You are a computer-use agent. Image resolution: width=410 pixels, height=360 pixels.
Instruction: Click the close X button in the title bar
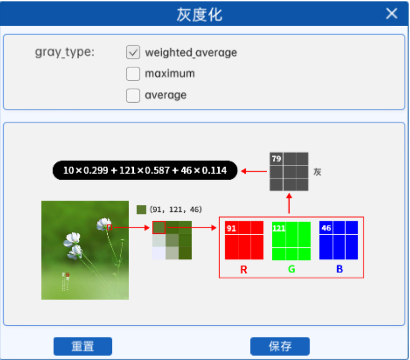[x=391, y=13]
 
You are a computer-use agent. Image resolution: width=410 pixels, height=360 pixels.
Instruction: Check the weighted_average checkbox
[x=133, y=52]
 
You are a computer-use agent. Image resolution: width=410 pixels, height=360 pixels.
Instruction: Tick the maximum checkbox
[x=133, y=74]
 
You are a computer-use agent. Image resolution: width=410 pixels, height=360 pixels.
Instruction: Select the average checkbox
[x=133, y=95]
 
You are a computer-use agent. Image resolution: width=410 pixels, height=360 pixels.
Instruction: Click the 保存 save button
[x=280, y=346]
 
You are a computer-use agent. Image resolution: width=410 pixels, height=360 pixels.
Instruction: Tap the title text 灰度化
[x=199, y=14]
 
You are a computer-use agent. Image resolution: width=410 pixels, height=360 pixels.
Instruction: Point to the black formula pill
[x=145, y=170]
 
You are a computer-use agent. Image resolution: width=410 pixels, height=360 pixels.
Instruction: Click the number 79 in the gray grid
[x=276, y=158]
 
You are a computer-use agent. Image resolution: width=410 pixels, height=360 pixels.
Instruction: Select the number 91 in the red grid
[x=232, y=228]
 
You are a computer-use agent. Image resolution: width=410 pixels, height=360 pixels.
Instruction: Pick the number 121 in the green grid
[x=279, y=228]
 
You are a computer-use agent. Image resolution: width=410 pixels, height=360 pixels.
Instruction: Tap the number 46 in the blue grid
[x=326, y=228]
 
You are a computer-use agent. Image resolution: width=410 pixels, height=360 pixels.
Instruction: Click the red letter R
[x=244, y=270]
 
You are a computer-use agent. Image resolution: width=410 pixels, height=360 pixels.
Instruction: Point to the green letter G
[x=291, y=270]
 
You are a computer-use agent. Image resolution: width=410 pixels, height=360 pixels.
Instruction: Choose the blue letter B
[x=339, y=270]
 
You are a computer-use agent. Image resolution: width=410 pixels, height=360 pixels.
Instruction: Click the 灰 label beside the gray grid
[x=317, y=172]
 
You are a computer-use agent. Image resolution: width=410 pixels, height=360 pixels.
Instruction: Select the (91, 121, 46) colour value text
[x=176, y=209]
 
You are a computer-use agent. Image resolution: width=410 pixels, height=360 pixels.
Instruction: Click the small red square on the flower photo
[x=110, y=227]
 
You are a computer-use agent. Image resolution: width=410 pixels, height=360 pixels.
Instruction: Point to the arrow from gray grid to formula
[x=254, y=171]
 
